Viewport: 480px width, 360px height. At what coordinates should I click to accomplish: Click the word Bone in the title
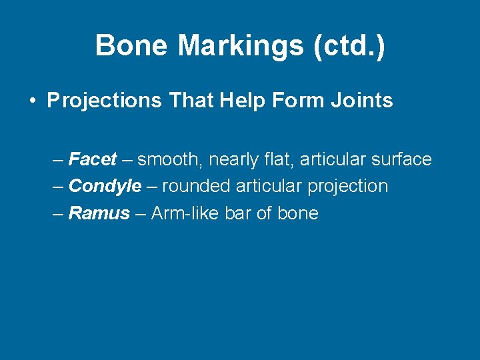point(131,46)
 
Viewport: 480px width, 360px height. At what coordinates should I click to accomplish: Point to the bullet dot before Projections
point(32,101)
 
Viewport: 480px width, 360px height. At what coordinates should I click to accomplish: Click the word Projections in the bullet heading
point(104,101)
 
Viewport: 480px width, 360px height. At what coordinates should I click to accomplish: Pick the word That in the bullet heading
point(191,101)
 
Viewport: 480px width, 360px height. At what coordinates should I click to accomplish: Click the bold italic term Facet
point(93,160)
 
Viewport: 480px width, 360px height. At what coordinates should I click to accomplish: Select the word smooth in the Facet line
point(170,160)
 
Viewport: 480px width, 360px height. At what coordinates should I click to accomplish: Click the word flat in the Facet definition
point(281,160)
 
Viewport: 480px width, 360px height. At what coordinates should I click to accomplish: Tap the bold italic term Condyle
point(105,187)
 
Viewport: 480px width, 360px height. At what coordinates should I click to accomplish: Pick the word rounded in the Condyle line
point(196,187)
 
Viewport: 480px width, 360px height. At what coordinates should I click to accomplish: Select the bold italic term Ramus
point(99,213)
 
